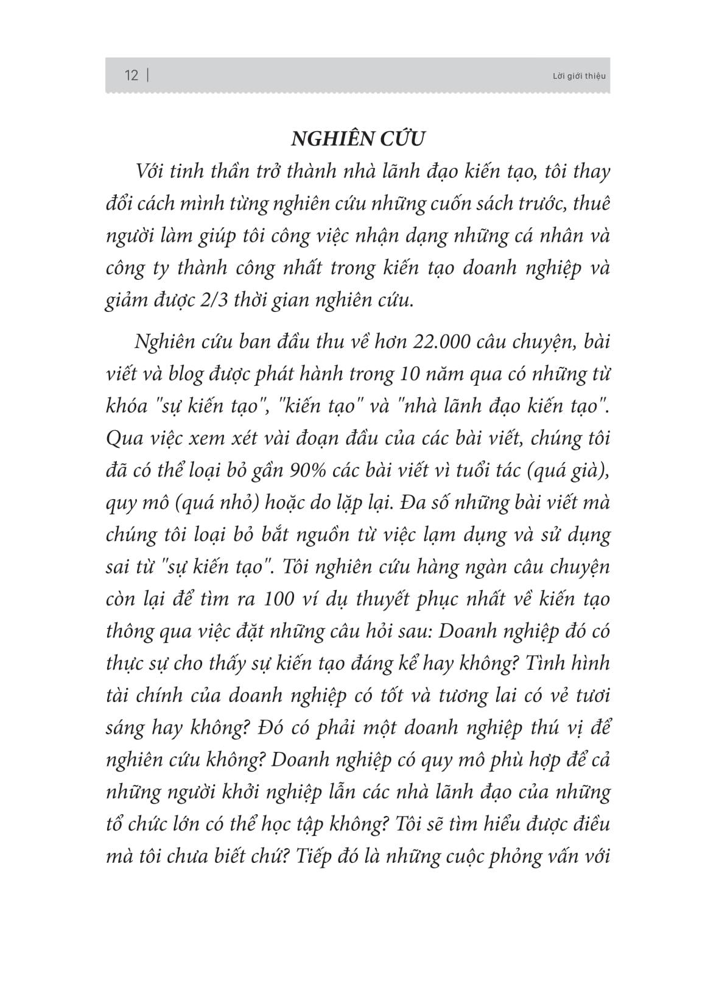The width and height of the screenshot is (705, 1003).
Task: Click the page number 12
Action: (x=131, y=76)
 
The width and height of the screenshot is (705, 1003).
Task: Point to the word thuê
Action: (x=588, y=204)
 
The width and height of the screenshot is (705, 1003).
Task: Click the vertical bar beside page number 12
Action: (x=149, y=76)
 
